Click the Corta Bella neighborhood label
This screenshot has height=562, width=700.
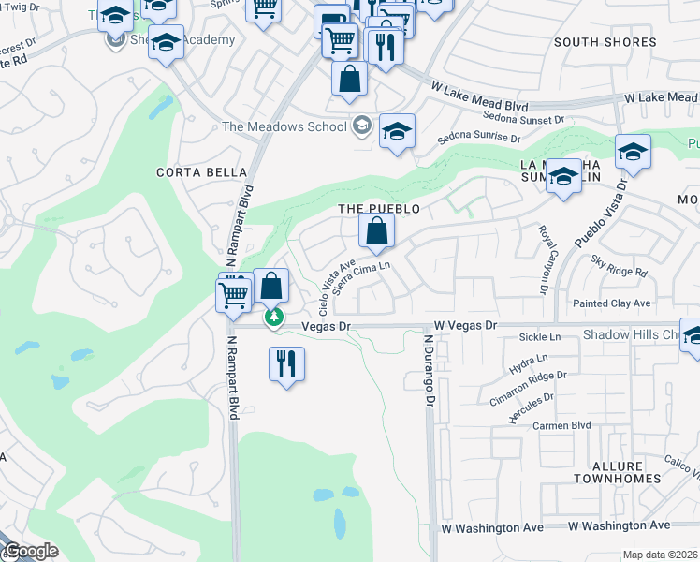point(202,172)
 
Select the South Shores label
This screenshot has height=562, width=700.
point(605,42)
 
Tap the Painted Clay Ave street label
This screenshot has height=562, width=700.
point(612,303)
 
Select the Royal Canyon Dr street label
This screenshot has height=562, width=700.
point(542,259)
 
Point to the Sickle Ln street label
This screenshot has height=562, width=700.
point(541,336)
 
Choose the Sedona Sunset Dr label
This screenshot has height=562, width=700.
point(524,119)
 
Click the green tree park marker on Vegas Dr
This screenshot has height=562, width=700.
point(274,319)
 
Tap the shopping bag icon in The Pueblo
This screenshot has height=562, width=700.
point(376,230)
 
